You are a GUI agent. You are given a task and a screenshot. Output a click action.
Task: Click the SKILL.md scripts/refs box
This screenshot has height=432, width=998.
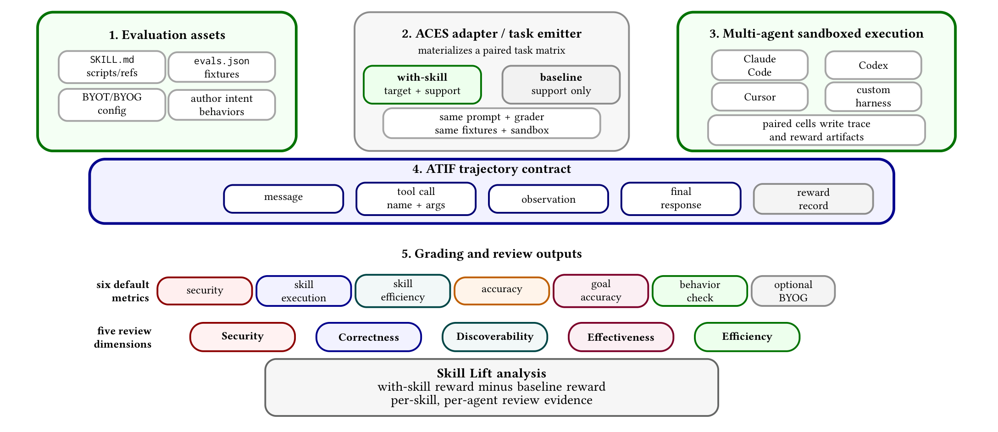coord(112,67)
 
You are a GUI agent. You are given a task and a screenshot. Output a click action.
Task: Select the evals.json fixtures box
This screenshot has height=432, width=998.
coord(222,67)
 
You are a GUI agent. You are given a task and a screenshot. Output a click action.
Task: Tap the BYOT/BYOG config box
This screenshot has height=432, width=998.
coord(112,105)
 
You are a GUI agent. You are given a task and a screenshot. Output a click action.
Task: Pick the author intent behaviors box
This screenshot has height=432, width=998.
coord(222,105)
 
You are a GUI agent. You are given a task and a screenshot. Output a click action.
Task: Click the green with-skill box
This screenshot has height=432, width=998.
coord(422,84)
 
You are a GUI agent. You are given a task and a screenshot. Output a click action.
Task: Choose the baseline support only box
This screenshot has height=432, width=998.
coord(561,84)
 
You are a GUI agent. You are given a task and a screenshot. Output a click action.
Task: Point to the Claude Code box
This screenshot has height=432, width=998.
coord(760,65)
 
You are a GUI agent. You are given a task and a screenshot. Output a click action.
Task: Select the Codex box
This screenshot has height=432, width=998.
coord(873,65)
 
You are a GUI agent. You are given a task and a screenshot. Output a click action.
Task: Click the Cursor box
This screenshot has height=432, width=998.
coord(760,97)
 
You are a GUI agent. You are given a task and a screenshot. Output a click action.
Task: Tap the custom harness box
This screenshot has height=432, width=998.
coord(873,97)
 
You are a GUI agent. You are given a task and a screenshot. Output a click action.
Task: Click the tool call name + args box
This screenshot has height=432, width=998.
coord(416,199)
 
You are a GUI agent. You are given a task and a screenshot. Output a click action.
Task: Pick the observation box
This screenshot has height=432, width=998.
coord(549,199)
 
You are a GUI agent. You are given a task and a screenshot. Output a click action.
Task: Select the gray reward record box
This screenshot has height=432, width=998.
coord(813,199)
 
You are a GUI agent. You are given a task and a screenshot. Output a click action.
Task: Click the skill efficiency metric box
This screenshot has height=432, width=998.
coord(403,291)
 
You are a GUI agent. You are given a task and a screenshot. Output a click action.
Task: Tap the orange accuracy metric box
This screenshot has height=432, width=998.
coord(502,291)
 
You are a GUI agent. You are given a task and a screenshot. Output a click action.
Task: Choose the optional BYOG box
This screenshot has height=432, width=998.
coord(793,291)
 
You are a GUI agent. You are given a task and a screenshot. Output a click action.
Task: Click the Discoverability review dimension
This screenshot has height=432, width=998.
coord(495,337)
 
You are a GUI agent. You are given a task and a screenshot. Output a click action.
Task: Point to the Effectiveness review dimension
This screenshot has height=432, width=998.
coord(621,337)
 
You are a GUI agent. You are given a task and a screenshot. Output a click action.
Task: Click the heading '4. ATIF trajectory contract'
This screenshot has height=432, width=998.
coord(492,169)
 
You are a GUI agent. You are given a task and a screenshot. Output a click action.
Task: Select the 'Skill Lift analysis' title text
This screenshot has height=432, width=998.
coord(492,373)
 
